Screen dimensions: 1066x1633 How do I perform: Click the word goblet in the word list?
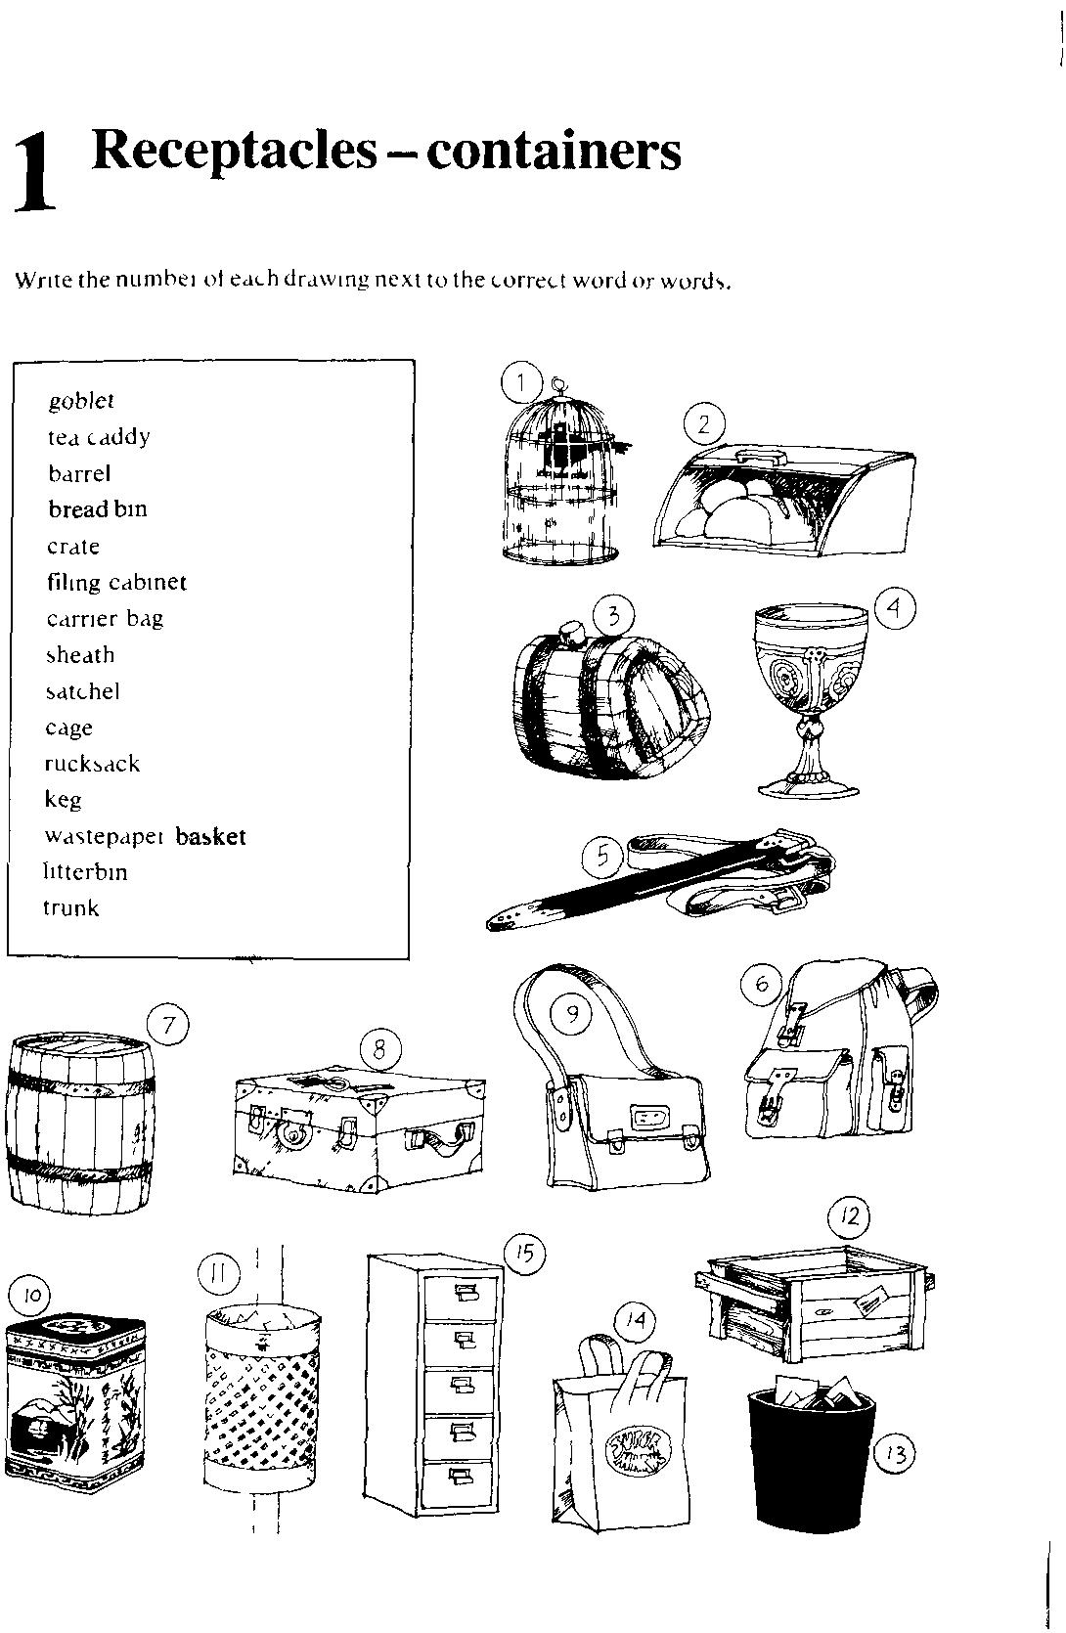click(81, 401)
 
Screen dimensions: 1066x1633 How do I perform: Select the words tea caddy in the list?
click(99, 437)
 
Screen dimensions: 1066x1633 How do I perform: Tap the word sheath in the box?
click(80, 655)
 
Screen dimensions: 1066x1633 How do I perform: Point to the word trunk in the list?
click(71, 907)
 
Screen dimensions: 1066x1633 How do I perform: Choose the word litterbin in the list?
click(86, 871)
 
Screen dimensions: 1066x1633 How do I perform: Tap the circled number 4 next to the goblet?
click(894, 608)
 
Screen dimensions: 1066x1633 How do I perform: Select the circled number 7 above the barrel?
click(168, 1026)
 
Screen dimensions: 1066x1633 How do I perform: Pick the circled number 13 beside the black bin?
click(893, 1454)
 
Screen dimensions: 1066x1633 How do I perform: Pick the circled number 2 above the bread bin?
click(703, 424)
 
